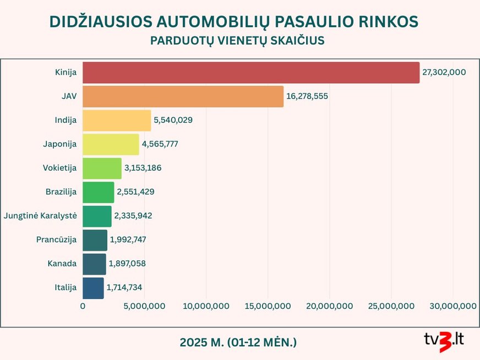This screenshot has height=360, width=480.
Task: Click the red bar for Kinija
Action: pyautogui.click(x=251, y=73)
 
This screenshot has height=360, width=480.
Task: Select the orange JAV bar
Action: pyautogui.click(x=183, y=96)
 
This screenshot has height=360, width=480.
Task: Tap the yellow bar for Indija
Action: pyautogui.click(x=117, y=120)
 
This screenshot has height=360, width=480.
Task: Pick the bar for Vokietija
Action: pyautogui.click(x=102, y=168)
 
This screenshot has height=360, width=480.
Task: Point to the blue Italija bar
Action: pyautogui.click(x=93, y=288)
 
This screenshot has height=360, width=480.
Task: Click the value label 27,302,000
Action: pyautogui.click(x=444, y=73)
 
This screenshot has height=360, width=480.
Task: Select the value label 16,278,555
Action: pyautogui.click(x=307, y=96)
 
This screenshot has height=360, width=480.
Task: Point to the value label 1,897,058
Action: pyautogui.click(x=127, y=264)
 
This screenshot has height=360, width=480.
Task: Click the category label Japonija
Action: pyautogui.click(x=59, y=144)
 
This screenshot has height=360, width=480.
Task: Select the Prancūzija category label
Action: pyautogui.click(x=56, y=239)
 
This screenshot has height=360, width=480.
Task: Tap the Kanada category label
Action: pyautogui.click(x=62, y=264)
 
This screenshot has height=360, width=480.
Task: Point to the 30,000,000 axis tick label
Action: pyautogui.click(x=452, y=306)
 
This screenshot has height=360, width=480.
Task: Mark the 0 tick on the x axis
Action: pyautogui.click(x=83, y=306)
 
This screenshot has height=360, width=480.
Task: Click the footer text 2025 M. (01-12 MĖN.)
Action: pyautogui.click(x=238, y=342)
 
